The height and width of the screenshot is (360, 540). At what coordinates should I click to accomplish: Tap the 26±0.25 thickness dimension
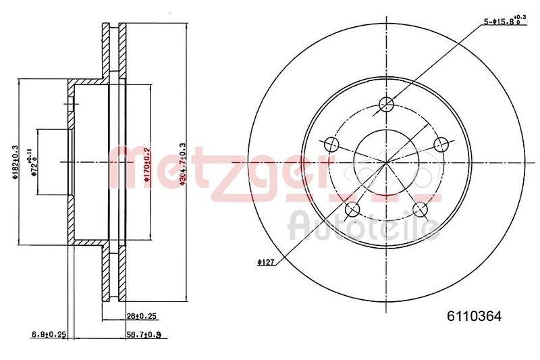(142, 315)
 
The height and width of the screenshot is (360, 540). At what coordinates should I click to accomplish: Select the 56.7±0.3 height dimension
(142, 334)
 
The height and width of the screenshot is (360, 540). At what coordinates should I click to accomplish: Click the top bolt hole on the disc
(386, 104)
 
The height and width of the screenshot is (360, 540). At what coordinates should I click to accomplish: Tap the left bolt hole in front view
(331, 144)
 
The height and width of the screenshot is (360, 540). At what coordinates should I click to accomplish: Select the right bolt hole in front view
(441, 144)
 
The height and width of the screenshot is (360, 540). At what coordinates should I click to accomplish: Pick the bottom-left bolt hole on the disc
(352, 209)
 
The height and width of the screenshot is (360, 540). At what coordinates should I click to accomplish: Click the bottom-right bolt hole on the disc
(421, 209)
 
